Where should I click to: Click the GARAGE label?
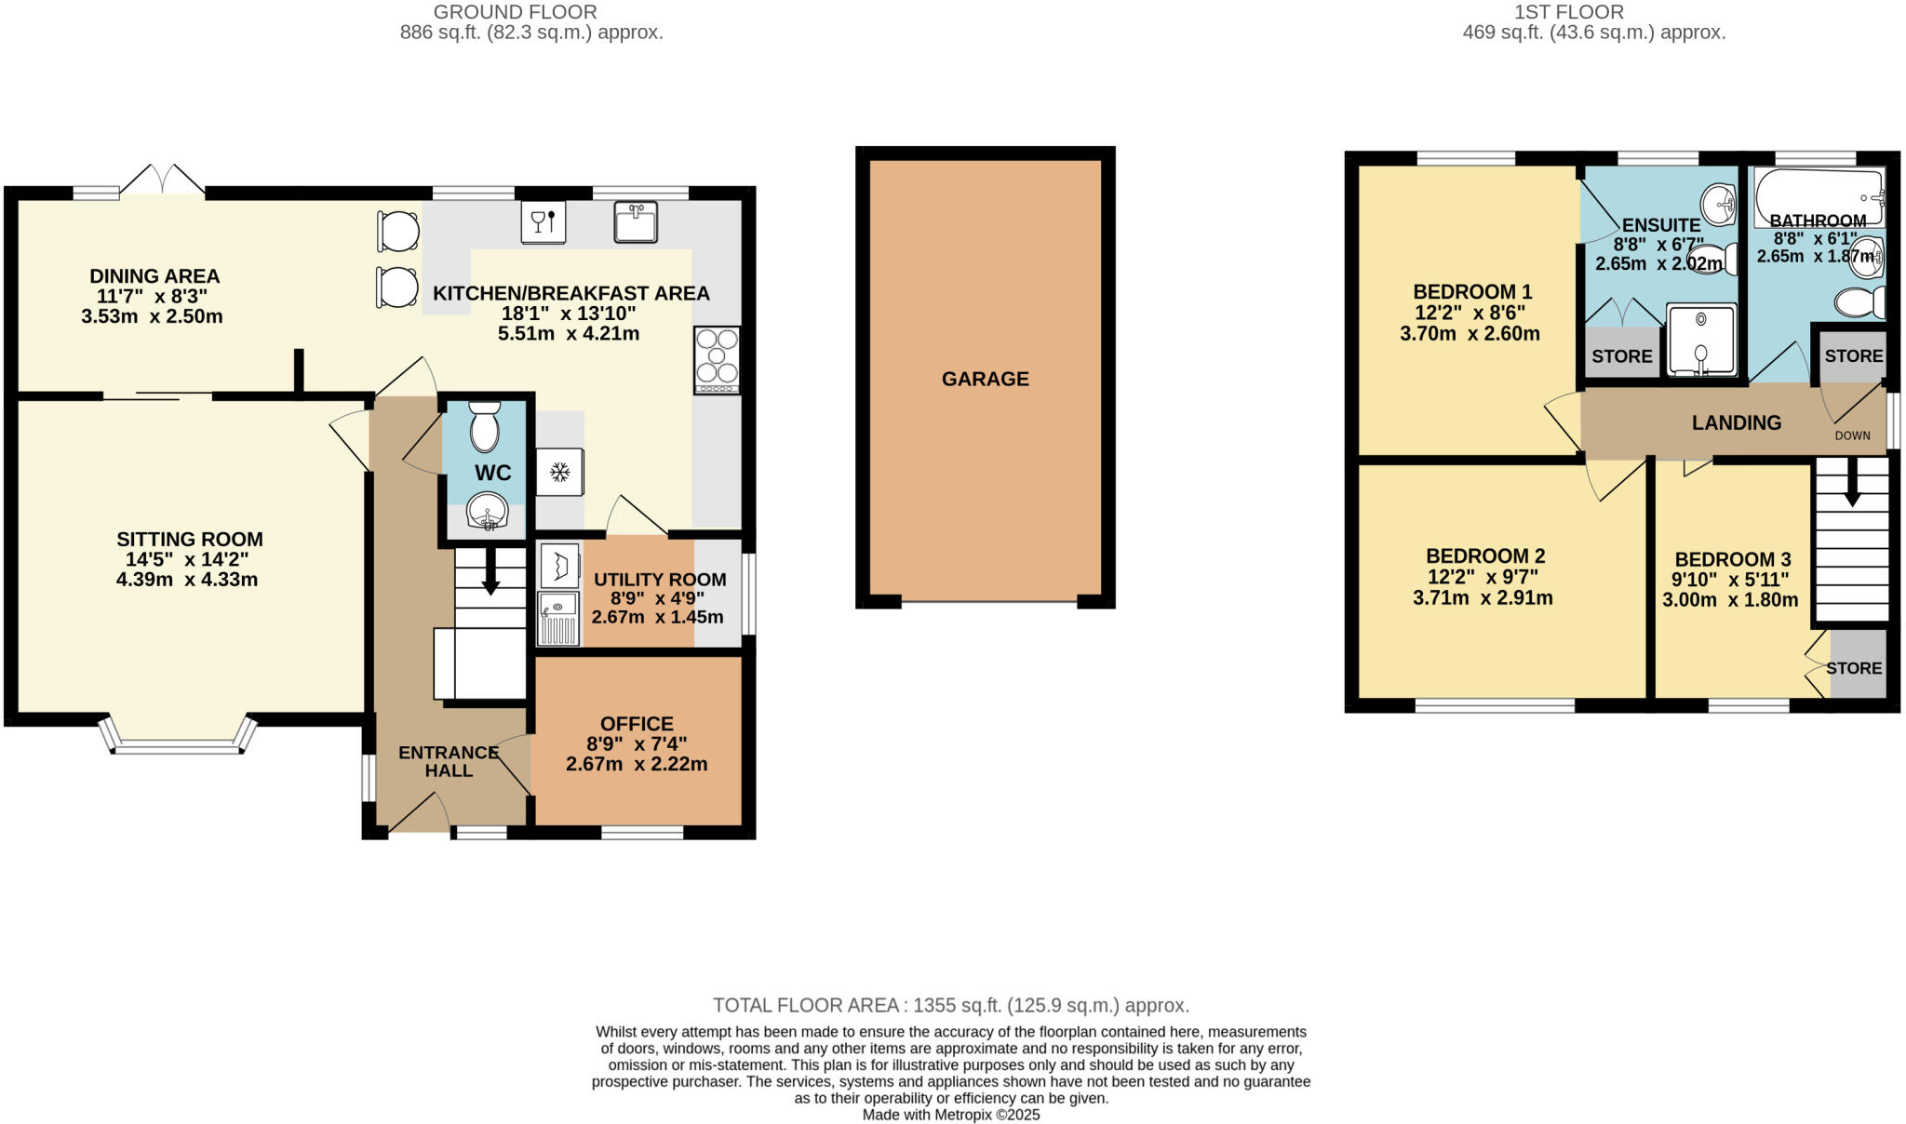coord(985,379)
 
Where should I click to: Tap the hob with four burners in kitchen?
coord(717,359)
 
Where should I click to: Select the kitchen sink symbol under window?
coord(636,221)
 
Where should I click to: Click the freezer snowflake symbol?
coord(559,473)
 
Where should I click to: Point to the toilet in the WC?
coord(485,427)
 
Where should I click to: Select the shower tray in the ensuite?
coord(1701,340)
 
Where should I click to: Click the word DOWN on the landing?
coord(1852,435)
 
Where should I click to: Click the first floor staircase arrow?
coord(1852,484)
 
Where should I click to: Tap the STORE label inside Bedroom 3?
coord(1854,668)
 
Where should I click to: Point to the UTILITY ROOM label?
coord(660,579)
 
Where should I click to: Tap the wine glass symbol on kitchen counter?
coord(544,222)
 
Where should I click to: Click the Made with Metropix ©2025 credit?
coord(950,1115)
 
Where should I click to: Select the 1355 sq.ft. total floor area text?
coord(950,1005)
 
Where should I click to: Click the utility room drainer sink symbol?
coord(558,619)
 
